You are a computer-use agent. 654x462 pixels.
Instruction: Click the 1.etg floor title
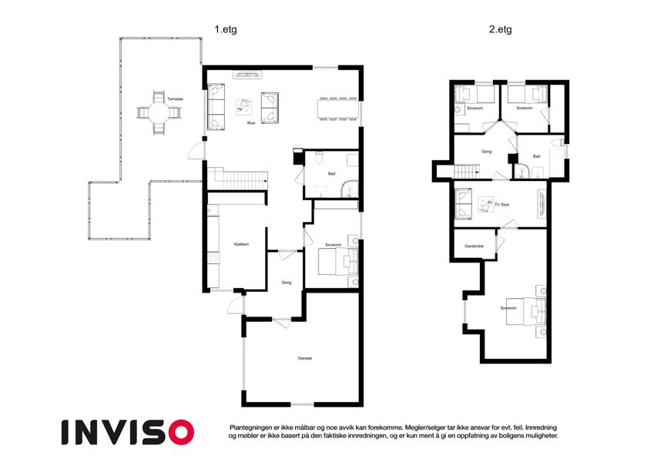(x=226, y=29)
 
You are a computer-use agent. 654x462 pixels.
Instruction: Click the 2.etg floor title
(x=500, y=29)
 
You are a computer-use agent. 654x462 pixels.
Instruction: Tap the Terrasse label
(x=175, y=99)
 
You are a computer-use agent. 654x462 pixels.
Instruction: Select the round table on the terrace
(x=159, y=112)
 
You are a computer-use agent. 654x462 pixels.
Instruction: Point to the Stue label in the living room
(x=250, y=123)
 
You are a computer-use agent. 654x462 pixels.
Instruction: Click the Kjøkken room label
(x=241, y=244)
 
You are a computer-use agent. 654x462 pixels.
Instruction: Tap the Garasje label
(x=305, y=358)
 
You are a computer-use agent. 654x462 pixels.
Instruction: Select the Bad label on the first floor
(x=331, y=173)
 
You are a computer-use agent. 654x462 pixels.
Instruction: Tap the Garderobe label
(x=474, y=246)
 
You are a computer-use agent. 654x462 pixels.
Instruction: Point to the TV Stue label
(x=501, y=205)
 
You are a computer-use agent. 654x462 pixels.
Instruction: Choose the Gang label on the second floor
(x=486, y=152)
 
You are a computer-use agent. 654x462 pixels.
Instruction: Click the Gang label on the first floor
(x=286, y=283)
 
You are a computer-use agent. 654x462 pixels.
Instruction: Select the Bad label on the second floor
(x=536, y=156)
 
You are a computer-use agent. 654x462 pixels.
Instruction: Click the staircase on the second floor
(x=467, y=171)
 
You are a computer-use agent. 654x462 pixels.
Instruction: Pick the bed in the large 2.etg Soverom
(x=525, y=311)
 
